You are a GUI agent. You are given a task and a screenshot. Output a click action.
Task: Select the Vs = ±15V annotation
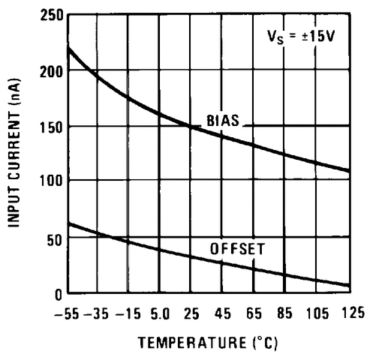tap(301, 35)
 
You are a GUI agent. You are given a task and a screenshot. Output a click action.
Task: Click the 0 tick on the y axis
tap(56, 293)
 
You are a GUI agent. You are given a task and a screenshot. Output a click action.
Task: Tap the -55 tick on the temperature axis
tap(66, 312)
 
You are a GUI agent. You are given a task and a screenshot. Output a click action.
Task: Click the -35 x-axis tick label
tap(97, 312)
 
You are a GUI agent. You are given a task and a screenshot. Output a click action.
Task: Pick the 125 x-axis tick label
tap(348, 312)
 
